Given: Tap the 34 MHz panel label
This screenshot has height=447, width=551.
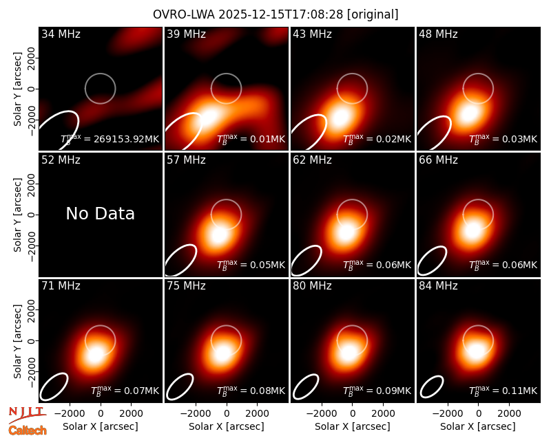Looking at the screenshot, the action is [61, 34].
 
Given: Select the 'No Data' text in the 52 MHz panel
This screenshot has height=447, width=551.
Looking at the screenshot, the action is [100, 213].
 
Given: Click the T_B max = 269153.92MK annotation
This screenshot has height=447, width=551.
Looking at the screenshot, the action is [110, 139].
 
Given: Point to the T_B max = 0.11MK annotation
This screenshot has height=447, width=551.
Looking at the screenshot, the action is [503, 390].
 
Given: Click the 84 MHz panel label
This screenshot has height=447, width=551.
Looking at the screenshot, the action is [438, 286].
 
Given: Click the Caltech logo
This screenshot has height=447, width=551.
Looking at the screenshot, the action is [28, 430].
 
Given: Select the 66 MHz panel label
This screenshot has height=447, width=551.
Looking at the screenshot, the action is [438, 160].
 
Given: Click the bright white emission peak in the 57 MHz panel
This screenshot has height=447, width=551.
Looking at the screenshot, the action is [218, 235].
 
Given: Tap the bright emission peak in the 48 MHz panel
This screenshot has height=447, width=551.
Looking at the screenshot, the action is [469, 113].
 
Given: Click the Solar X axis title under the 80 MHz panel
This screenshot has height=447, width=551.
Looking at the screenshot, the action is [353, 426].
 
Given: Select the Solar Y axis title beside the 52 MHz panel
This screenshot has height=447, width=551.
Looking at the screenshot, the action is [18, 215].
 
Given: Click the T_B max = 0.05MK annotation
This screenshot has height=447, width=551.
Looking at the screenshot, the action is [251, 265].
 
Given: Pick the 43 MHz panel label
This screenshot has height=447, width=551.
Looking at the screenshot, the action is [313, 34].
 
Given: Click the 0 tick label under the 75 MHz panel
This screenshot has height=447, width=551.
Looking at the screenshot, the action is [227, 414].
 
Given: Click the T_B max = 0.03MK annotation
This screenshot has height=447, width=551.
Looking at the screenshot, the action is [503, 139].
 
